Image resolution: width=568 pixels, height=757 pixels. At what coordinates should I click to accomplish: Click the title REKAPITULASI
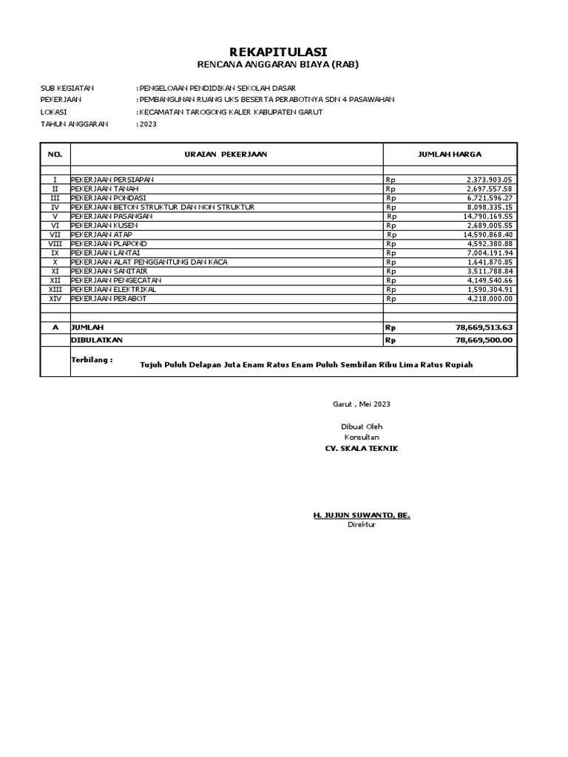[284, 50]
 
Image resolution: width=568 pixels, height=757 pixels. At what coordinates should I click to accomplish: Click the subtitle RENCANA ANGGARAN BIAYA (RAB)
[284, 64]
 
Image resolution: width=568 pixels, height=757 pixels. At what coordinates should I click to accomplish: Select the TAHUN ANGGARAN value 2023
[148, 124]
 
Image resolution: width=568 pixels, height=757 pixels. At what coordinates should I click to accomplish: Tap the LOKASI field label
[54, 112]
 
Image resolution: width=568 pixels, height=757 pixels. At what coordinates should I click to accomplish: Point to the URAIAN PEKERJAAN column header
[226, 155]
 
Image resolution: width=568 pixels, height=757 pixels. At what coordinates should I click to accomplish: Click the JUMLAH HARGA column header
[450, 155]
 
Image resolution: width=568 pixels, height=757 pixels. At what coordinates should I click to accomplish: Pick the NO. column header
[55, 155]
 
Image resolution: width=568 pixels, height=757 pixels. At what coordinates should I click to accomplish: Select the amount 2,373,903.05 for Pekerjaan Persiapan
[490, 180]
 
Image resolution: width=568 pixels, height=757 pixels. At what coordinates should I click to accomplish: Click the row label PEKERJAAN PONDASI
[109, 198]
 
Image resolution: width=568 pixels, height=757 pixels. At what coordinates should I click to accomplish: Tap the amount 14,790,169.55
[488, 216]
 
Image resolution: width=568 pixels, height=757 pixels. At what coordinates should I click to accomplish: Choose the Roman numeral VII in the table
[55, 234]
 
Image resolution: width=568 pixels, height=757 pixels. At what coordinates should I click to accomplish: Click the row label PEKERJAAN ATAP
[102, 234]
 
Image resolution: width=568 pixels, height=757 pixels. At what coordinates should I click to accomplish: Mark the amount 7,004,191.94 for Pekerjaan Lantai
[490, 253]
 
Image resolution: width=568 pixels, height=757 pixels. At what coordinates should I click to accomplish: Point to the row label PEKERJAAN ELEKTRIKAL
[113, 289]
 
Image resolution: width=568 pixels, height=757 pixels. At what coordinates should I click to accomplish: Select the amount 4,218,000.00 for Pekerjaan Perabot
[490, 299]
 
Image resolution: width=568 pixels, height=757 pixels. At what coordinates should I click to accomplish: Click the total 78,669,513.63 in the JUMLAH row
[484, 327]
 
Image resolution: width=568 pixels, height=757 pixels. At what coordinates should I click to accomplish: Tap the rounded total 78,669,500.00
[484, 340]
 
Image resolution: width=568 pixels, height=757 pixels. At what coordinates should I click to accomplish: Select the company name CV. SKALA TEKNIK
[356, 449]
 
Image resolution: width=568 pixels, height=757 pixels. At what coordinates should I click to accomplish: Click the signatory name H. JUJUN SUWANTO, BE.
[362, 514]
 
